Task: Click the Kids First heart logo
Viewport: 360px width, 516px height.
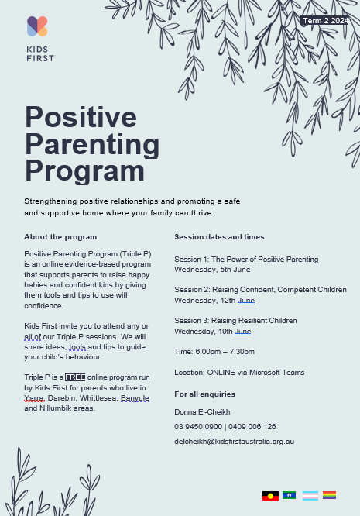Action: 37,26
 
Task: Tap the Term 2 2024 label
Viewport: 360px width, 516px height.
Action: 325,21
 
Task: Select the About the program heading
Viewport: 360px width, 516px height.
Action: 60,237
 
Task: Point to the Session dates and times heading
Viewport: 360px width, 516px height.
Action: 219,237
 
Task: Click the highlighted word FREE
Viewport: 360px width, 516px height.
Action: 75,377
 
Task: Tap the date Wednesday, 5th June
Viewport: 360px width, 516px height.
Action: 212,270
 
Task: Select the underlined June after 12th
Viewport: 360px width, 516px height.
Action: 246,301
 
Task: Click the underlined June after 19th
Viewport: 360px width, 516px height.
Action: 242,332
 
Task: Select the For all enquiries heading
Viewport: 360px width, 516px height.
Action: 205,394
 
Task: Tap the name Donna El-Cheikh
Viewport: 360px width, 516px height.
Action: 202,412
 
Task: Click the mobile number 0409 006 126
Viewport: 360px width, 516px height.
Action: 252,427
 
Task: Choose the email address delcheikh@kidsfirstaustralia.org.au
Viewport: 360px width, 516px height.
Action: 234,442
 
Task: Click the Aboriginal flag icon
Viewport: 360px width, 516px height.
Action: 270,496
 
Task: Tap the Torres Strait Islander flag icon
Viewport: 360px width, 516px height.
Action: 290,495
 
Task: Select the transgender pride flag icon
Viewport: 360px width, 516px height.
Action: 310,496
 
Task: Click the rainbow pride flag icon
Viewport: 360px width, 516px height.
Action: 330,495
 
